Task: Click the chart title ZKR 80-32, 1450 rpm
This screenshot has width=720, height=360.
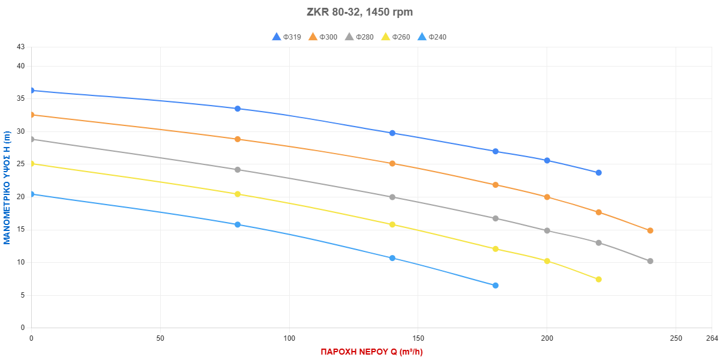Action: pyautogui.click(x=360, y=12)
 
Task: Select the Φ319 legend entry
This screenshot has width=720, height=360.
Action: pyautogui.click(x=286, y=37)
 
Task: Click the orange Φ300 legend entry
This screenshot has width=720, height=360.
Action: pyautogui.click(x=322, y=37)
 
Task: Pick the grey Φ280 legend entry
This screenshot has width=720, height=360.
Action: pyautogui.click(x=359, y=37)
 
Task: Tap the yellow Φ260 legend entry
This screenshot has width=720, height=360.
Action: pyautogui.click(x=395, y=37)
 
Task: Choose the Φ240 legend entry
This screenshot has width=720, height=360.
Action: pyautogui.click(x=431, y=37)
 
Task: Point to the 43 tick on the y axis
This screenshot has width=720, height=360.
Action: pyautogui.click(x=21, y=47)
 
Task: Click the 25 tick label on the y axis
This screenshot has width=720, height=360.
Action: pyautogui.click(x=21, y=164)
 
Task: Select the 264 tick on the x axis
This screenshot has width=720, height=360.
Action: pyautogui.click(x=712, y=339)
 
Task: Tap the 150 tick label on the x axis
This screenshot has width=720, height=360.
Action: pyautogui.click(x=418, y=339)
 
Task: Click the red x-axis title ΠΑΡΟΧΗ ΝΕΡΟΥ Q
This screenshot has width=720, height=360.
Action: pyautogui.click(x=371, y=352)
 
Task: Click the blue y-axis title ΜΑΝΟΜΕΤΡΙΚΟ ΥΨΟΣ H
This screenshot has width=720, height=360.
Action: pyautogui.click(x=7, y=188)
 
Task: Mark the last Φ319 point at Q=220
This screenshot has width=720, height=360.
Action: pyautogui.click(x=598, y=173)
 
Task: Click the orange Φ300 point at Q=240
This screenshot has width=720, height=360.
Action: pyautogui.click(x=650, y=230)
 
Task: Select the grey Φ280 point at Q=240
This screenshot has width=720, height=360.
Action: pyautogui.click(x=650, y=261)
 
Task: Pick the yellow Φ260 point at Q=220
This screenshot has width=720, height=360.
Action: pyautogui.click(x=598, y=279)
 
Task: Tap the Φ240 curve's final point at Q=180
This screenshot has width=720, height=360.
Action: pyautogui.click(x=495, y=285)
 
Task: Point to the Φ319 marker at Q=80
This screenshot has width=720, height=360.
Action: pyautogui.click(x=238, y=109)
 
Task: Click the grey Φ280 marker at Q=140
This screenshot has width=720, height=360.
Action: pyautogui.click(x=392, y=197)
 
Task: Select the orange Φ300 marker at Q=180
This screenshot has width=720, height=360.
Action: pyautogui.click(x=495, y=185)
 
